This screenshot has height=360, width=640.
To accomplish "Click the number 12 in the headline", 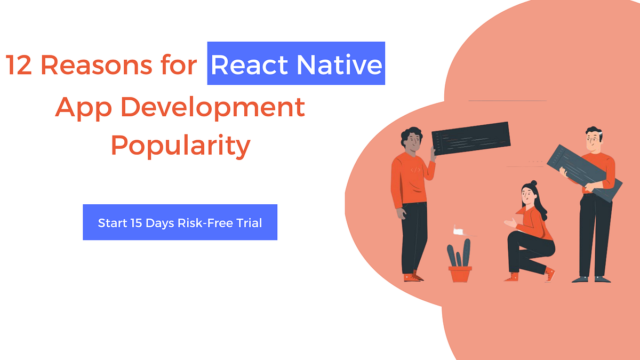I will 19,65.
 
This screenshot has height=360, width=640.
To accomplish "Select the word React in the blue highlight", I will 250,65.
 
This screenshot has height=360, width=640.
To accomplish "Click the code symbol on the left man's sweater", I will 415,170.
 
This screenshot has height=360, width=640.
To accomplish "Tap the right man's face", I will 591,141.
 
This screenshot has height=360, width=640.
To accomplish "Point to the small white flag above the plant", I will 457,230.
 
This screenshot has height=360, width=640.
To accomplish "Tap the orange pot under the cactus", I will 460,274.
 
